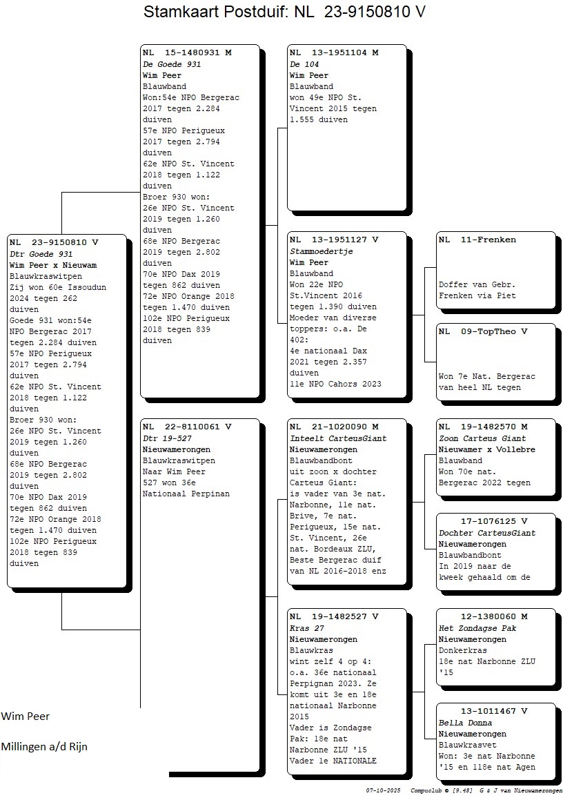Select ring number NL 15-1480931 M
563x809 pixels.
[187, 52]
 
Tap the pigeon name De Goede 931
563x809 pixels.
[172, 64]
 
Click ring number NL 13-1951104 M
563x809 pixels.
[334, 52]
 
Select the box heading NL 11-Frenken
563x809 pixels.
[477, 240]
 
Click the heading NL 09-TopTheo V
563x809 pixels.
[483, 331]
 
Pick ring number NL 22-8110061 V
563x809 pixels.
[187, 427]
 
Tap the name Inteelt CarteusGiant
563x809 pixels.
[338, 438]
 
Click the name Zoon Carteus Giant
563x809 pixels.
[475, 438]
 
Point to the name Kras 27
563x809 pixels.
[307, 628]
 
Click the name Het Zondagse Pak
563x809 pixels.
[477, 628]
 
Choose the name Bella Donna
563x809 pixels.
[465, 723]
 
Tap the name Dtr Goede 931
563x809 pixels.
[41, 254]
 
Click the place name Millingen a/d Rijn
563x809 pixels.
[44, 747]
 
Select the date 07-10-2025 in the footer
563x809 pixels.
[383, 790]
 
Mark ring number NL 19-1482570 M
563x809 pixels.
[483, 427]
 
